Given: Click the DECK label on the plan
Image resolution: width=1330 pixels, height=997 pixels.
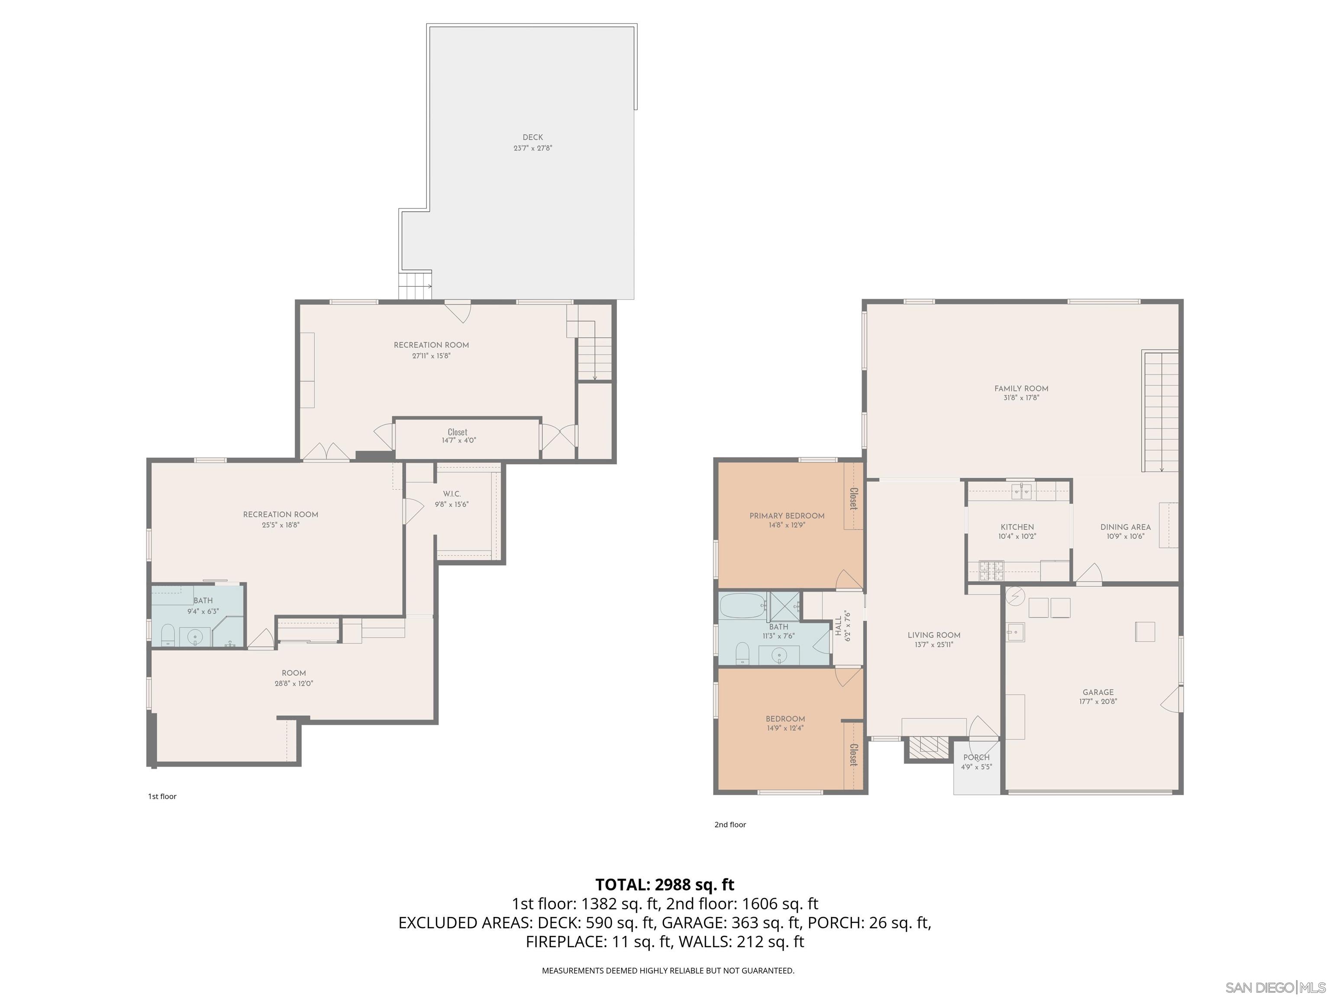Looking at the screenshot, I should coord(533,138).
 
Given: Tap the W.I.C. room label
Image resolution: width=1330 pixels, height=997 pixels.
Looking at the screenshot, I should coord(452,494).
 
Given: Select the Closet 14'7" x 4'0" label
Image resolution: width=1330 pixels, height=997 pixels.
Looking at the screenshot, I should coord(458,436).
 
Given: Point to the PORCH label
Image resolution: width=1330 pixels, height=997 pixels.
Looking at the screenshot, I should coord(976,757).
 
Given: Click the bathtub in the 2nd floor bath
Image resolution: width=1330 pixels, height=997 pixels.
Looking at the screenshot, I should coord(743,606).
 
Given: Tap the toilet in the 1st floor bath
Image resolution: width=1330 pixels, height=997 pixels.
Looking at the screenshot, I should coord(168,635).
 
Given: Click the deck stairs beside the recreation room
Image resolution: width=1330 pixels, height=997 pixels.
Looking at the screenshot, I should coord(415,286).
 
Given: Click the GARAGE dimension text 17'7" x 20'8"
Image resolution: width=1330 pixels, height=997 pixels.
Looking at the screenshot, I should coord(1098,701).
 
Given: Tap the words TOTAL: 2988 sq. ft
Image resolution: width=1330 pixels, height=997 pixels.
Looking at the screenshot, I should coord(665,884).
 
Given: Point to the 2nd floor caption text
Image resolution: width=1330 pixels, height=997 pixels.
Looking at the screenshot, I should coord(730,824).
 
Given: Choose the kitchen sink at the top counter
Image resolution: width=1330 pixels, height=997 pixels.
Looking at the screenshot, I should coord(1022,492).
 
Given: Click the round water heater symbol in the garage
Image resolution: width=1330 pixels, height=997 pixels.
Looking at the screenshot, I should coord(1016,595).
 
